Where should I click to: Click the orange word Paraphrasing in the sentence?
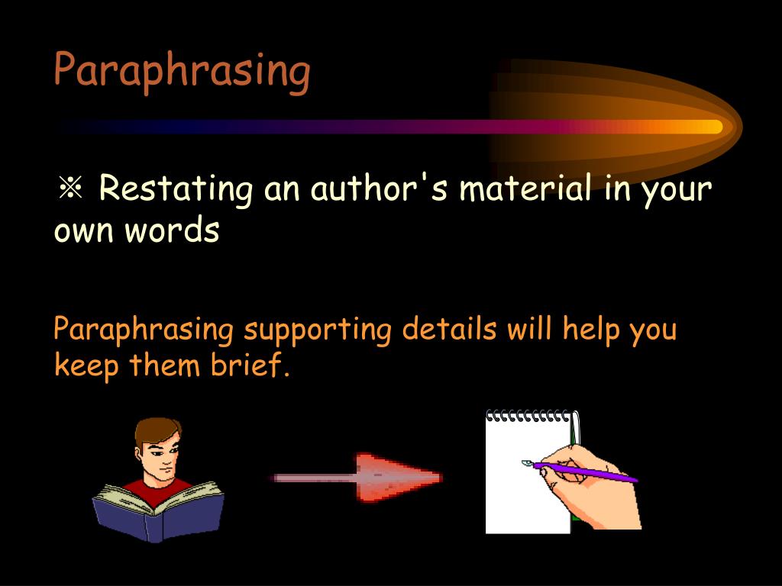tap(144, 330)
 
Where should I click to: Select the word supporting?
tap(318, 332)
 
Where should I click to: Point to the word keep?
tap(87, 367)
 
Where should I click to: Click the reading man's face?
tap(163, 460)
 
